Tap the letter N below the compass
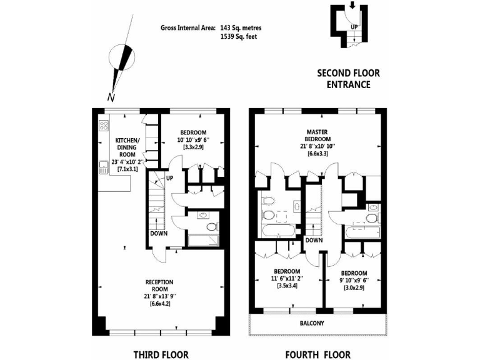click(111, 96)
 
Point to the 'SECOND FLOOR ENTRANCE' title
click(348, 79)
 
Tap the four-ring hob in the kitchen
click(103, 128)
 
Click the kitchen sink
click(102, 166)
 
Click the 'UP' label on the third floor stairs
click(169, 179)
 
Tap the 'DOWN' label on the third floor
click(158, 234)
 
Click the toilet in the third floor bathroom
click(212, 226)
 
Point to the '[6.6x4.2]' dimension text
click(160, 304)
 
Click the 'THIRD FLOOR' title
click(161, 354)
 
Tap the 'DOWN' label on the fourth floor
click(314, 240)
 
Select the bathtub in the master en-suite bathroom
click(276, 232)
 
